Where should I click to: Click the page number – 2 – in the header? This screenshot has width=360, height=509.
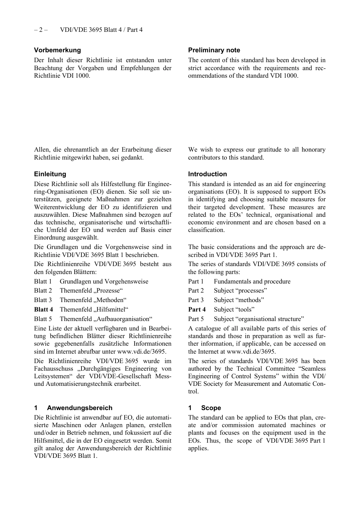tap(41, 30)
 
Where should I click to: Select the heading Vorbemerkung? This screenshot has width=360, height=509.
tap(57, 50)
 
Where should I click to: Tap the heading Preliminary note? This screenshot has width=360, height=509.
tap(214, 50)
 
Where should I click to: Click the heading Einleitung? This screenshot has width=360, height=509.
tap(50, 174)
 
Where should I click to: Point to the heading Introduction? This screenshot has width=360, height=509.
tap(207, 174)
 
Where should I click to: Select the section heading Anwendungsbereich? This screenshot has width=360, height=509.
tap(80, 408)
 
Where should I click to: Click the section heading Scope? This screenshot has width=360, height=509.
tap(211, 408)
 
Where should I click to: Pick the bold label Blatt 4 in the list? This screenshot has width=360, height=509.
tap(43, 310)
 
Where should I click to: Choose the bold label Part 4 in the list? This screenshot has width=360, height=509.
tap(197, 310)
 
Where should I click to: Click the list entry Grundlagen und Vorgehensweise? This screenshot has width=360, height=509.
tap(104, 281)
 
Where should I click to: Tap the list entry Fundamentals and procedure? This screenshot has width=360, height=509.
tap(252, 281)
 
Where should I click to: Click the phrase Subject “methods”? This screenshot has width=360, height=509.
tap(239, 300)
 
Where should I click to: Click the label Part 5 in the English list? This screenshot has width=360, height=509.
tap(196, 319)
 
